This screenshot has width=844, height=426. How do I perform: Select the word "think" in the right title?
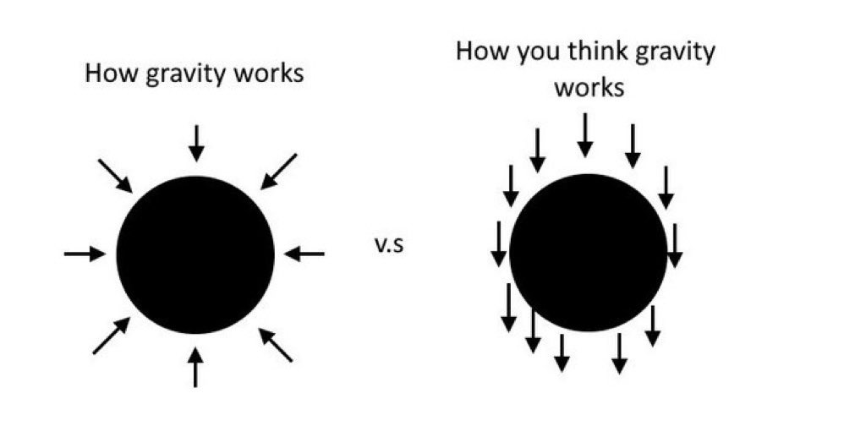tap(589, 52)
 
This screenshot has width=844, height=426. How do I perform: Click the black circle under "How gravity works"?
tap(195, 254)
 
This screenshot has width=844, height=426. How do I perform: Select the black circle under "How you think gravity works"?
tap(588, 253)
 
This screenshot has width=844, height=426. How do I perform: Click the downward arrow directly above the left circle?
tap(196, 142)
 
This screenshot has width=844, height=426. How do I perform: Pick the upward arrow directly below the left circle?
tap(195, 366)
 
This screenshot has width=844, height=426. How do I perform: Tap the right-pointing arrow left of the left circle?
tap(85, 253)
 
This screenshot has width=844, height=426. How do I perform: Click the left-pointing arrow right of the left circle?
tap(304, 253)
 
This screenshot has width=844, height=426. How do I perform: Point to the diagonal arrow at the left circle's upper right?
tap(278, 171)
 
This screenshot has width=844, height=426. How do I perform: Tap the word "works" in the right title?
tap(589, 87)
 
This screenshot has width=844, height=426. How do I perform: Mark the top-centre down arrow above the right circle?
tap(584, 135)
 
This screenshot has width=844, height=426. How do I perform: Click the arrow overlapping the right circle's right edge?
tap(674, 245)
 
